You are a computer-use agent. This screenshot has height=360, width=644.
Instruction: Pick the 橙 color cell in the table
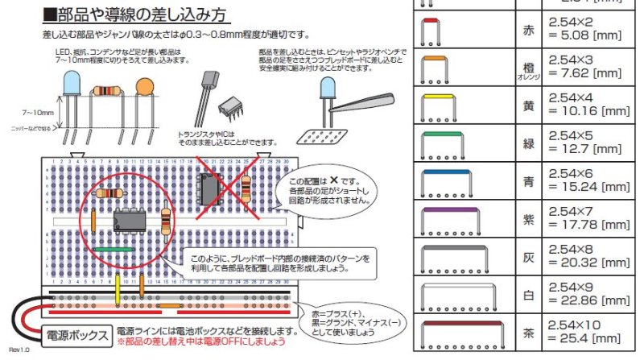[527, 70]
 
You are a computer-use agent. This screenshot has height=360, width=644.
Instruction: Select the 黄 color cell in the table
[527, 106]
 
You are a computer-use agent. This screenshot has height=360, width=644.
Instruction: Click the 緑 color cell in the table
[527, 145]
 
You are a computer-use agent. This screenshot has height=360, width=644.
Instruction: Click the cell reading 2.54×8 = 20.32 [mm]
[588, 259]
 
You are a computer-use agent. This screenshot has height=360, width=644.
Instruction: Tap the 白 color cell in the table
[527, 296]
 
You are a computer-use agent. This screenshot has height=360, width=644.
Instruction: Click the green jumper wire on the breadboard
[113, 250]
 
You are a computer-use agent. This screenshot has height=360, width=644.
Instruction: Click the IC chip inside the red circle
[130, 219]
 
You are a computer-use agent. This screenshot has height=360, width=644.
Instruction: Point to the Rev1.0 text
[17, 350]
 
